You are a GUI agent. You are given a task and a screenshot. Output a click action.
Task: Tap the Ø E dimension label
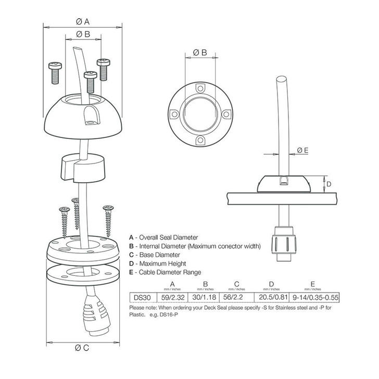(303, 150)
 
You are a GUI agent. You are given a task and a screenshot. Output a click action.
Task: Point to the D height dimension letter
(329, 184)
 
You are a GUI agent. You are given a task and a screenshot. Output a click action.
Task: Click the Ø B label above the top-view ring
(200, 53)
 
